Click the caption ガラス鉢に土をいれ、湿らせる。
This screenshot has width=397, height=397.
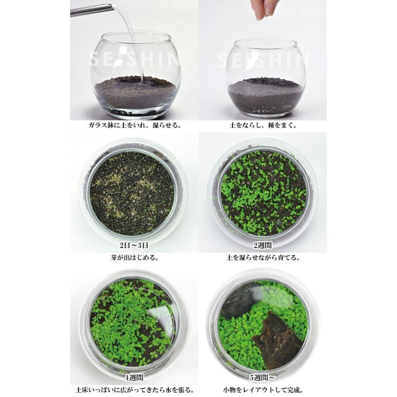(x=135, y=126)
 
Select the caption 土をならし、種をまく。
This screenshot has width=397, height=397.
(x=263, y=126)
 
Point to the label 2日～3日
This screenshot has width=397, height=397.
(x=134, y=245)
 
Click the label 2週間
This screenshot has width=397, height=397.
(x=263, y=245)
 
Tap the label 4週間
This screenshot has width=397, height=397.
(x=134, y=378)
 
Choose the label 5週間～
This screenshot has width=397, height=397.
(x=263, y=378)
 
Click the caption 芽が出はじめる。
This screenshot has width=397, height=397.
(x=135, y=258)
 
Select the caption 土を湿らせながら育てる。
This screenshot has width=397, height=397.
(x=263, y=258)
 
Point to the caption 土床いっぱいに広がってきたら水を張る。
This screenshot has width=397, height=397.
(x=135, y=390)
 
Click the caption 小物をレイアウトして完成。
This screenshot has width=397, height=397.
(x=263, y=390)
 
